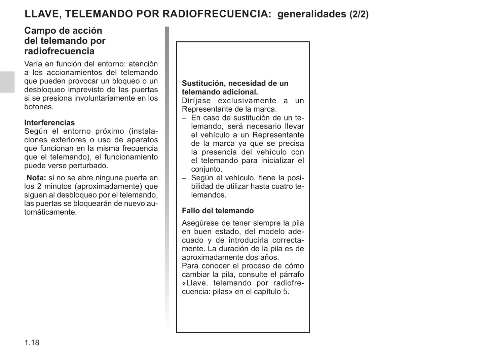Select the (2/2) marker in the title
(359, 14)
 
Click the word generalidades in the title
(312, 14)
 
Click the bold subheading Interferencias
(49, 122)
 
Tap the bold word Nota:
(36, 178)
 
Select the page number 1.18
(32, 343)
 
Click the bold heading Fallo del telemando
(218, 211)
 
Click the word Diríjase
(195, 101)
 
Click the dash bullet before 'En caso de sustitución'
(184, 118)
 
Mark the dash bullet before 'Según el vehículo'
(184, 178)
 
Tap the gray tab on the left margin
(7, 82)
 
